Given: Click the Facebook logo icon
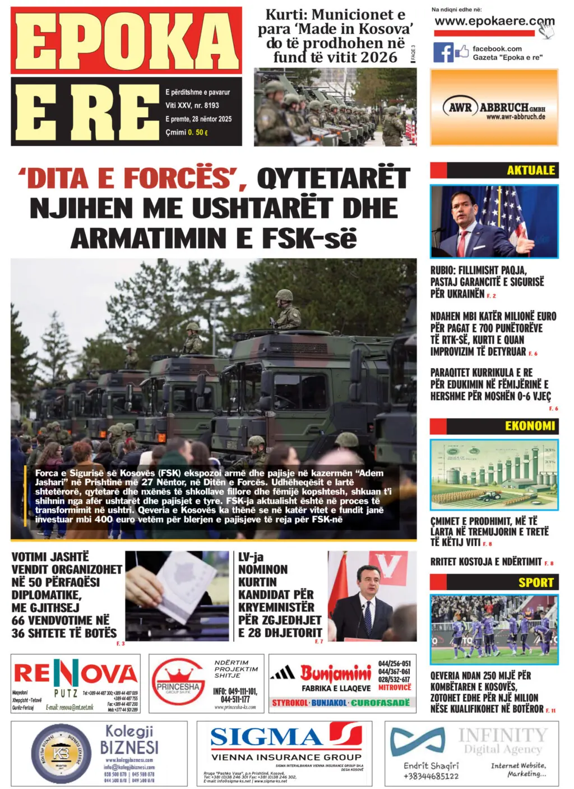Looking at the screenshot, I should [x=443, y=52].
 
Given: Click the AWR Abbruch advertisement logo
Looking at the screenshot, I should [x=494, y=107].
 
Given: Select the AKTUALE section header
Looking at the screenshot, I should [x=530, y=170].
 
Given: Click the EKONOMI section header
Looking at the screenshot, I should [x=529, y=426].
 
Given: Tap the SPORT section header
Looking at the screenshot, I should [x=535, y=582].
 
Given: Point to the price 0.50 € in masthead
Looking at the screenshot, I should [x=198, y=132].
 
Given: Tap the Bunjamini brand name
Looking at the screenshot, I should [x=335, y=673].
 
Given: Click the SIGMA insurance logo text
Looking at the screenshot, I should [x=266, y=736].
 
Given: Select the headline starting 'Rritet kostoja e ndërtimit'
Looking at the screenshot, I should [x=485, y=561].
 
